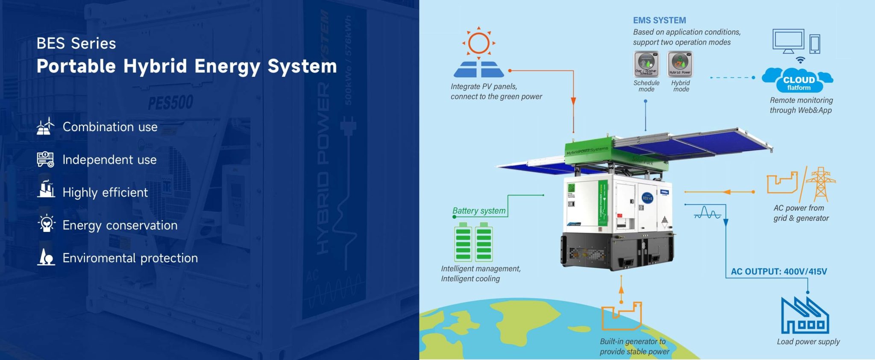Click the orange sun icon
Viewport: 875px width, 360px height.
click(x=479, y=43)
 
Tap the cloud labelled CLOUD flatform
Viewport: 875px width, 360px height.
click(x=798, y=80)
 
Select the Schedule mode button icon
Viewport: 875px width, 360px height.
click(x=646, y=64)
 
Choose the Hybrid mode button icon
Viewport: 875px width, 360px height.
click(x=680, y=64)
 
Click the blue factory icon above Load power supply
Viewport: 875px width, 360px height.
click(x=805, y=316)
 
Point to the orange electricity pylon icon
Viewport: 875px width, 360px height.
click(x=821, y=184)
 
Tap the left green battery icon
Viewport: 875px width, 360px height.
click(x=463, y=243)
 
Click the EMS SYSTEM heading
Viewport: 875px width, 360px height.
click(x=659, y=20)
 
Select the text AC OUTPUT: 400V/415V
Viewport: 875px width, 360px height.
click(x=778, y=272)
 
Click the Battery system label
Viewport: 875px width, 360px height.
click(x=479, y=211)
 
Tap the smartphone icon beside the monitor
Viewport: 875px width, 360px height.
click(x=815, y=44)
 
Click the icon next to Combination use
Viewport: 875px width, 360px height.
click(x=46, y=126)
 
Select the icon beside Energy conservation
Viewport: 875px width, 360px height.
click(x=46, y=224)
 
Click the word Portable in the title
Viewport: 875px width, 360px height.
click(x=76, y=66)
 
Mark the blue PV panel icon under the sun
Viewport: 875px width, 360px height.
click(x=479, y=69)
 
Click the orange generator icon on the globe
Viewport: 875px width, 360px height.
click(x=622, y=316)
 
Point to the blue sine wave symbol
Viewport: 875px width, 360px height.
click(x=707, y=212)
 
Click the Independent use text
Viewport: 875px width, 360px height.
click(x=109, y=160)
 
